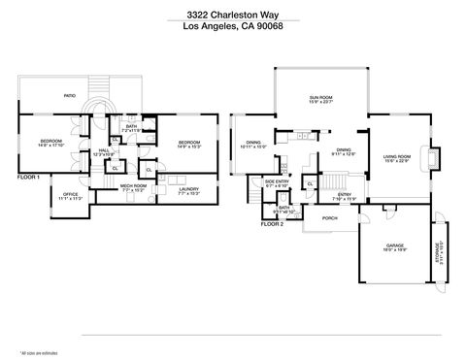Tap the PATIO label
[x=70, y=96]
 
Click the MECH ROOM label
[x=133, y=186]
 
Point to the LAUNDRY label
[x=189, y=190]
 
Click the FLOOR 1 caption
[x=29, y=178]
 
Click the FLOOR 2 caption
[x=271, y=223]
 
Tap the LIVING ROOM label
[x=396, y=158]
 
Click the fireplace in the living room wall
[x=434, y=155]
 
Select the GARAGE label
[x=395, y=246]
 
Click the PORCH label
[x=329, y=218]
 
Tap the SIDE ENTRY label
[x=278, y=181]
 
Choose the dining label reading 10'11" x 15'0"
[x=253, y=147]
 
